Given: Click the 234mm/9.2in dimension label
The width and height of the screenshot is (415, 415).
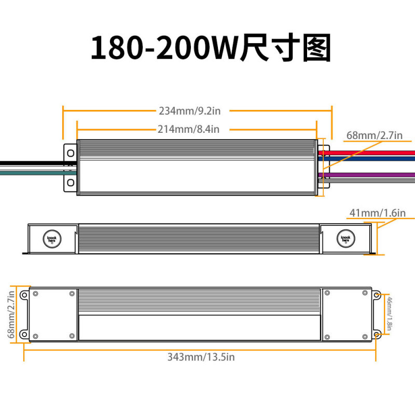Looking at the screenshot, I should click(x=190, y=110).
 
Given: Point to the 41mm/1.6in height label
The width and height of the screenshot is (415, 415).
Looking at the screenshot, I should click(x=378, y=213).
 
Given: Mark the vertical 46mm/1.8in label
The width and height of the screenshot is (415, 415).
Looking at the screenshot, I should click(x=390, y=315).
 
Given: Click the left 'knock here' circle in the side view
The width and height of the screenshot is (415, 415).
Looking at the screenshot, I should click(x=51, y=239).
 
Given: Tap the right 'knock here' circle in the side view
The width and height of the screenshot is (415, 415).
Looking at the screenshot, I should click(x=345, y=239).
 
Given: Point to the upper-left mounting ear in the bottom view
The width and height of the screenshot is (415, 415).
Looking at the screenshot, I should click(x=24, y=295).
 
